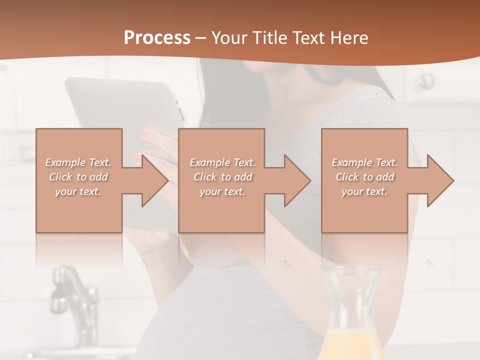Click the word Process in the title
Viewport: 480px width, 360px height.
[157, 38]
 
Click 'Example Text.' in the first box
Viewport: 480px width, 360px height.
[78, 162]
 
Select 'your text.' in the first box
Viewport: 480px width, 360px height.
[78, 191]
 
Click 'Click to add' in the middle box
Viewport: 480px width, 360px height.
[222, 177]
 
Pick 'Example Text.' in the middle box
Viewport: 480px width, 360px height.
[222, 162]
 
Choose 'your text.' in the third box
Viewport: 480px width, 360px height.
[364, 191]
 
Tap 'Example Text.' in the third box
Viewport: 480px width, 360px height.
[364, 162]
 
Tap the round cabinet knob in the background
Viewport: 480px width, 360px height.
[426, 80]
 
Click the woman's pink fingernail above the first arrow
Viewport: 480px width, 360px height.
[145, 133]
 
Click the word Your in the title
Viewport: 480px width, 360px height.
[228, 38]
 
